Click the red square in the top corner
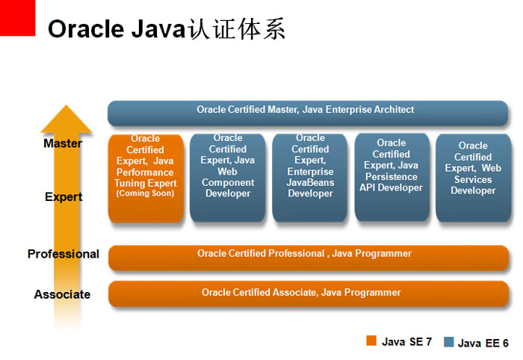coord(17,18)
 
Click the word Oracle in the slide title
coord(86,29)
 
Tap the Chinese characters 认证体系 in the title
coord(236,29)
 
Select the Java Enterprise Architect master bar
coord(308,114)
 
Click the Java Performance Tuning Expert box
coord(146,178)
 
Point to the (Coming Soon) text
coord(145,193)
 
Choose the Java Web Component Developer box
coord(228,178)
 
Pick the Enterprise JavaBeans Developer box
coord(310,178)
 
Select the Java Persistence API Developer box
coord(392,177)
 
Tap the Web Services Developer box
coord(474,178)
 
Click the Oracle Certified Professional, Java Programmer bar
coord(309,258)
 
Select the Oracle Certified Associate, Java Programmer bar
coord(309,294)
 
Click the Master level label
coord(63,143)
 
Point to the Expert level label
coord(64,197)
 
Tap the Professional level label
coord(64,254)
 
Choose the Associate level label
coord(62,294)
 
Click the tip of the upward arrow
coord(66,105)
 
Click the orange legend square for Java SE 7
coord(371,341)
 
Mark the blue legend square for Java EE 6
coord(449,342)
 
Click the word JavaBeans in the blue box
coord(310,183)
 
